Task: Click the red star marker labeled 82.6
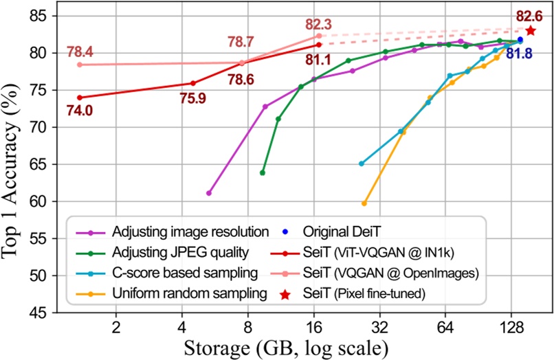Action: coord(531,30)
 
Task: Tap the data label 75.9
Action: coord(194,98)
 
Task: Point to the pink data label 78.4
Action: coord(80,52)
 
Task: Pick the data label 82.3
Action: coord(320,24)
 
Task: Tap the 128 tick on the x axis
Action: coord(511,326)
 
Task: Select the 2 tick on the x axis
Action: coord(116,326)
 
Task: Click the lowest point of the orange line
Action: coord(364,203)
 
